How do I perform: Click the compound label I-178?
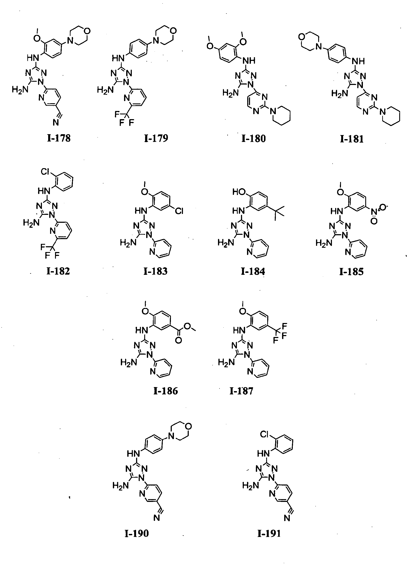coord(59,138)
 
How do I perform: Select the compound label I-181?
coord(351,139)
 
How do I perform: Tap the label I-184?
coord(253,271)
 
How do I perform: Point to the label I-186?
coord(166,391)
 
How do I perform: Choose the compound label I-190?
coord(137,534)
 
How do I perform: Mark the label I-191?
coord(269,534)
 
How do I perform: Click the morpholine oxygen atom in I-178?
coord(87,31)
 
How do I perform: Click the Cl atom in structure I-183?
coord(179,211)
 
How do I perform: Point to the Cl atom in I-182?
coord(45,172)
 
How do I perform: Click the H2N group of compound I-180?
coord(230,93)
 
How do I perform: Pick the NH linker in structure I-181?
coord(358,61)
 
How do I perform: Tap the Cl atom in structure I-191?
coord(264,435)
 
